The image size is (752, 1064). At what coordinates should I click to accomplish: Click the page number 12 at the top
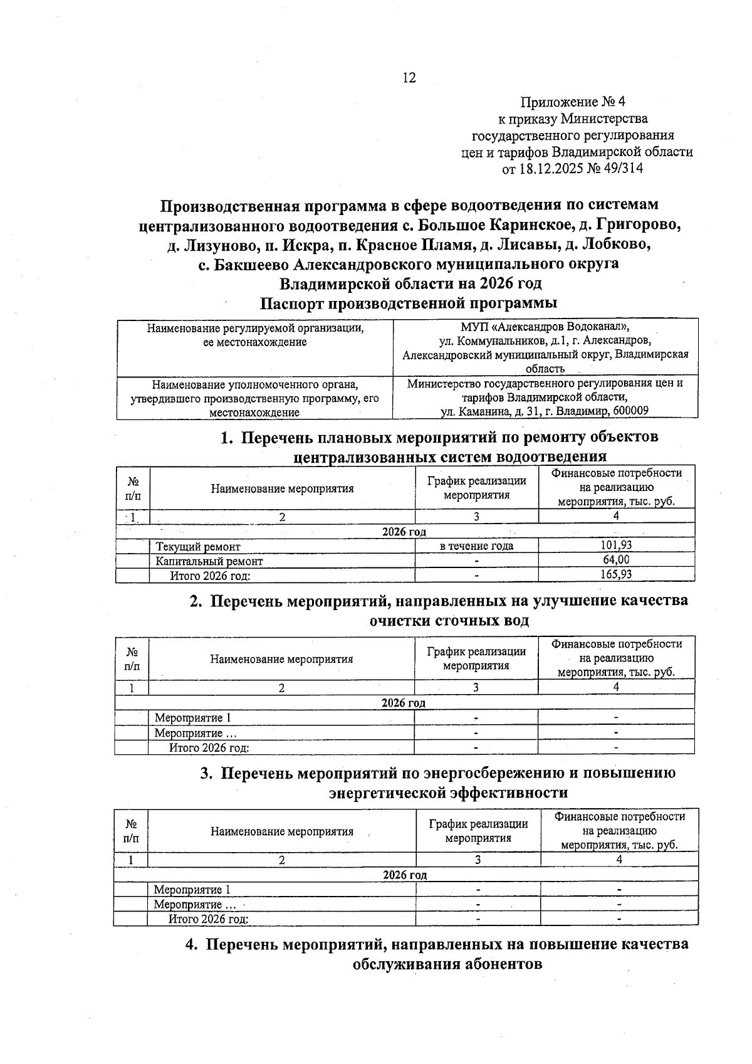coord(409,78)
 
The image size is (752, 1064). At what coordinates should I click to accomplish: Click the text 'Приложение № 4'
coord(573,102)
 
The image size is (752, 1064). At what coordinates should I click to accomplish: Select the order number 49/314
coord(624,169)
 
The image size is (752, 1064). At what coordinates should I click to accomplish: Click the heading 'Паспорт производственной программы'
coord(409,303)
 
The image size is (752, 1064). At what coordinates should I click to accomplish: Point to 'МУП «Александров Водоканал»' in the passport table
coord(545,327)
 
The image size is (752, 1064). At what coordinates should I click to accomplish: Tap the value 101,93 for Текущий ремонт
coord(616,545)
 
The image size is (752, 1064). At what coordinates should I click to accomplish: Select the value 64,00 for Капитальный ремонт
coord(616,560)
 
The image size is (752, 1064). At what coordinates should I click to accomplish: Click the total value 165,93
coord(616,574)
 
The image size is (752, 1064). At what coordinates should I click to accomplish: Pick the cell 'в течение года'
coord(476,546)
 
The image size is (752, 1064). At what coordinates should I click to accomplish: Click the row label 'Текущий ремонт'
coord(198,547)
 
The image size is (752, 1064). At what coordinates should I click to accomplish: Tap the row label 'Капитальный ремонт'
coord(209,561)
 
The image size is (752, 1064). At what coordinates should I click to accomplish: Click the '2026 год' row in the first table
coord(404,532)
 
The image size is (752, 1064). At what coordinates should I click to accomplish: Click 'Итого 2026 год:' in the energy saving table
coord(209,919)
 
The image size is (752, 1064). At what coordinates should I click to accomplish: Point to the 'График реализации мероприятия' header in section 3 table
coord(478,831)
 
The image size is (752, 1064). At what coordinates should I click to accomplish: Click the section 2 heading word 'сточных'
coord(464,621)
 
